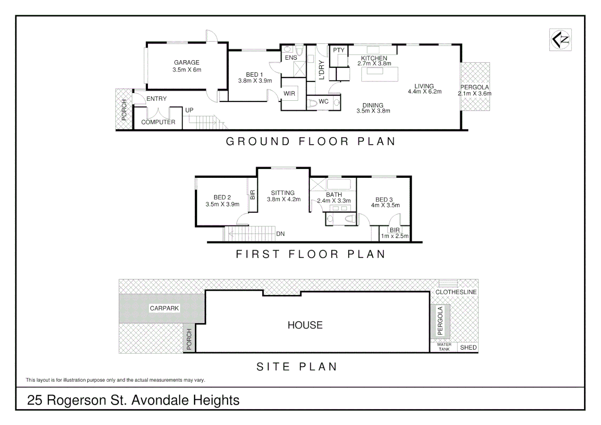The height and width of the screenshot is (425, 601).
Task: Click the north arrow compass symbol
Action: (560, 40)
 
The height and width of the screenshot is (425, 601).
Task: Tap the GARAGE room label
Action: (186, 63)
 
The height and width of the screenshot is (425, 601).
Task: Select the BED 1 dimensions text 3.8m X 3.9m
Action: (255, 81)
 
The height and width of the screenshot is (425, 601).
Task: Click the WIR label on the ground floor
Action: (289, 94)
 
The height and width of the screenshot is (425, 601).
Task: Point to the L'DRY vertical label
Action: (322, 70)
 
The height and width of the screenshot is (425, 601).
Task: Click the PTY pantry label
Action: (338, 50)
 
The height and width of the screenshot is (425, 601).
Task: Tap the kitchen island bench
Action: (379, 74)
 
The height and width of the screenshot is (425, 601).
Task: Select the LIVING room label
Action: (424, 86)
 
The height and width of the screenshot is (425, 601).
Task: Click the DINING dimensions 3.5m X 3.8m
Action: (373, 111)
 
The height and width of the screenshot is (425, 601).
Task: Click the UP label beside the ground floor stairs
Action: (189, 110)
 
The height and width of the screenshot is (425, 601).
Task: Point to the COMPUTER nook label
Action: (158, 122)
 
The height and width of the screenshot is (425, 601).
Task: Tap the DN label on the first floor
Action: (280, 234)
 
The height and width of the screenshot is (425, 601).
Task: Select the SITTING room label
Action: (283, 193)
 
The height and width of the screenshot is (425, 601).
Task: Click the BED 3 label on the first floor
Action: (384, 200)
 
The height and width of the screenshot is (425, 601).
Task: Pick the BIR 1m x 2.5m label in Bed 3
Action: (395, 233)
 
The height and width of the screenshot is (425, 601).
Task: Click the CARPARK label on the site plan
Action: (164, 309)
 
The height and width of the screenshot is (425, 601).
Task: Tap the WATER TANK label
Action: (444, 347)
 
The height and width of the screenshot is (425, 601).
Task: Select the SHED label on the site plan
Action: (468, 347)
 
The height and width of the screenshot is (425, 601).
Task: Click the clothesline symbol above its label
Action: (448, 284)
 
